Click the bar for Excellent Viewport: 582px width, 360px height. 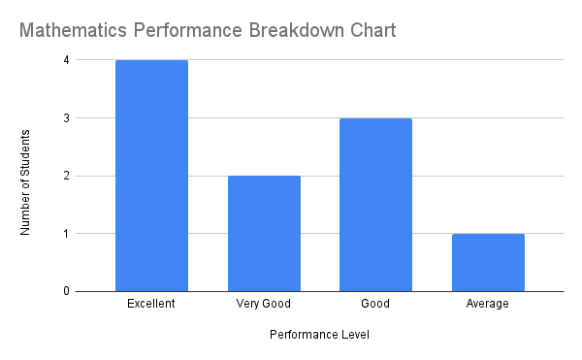[x=151, y=176]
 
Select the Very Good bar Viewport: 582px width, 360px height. [x=264, y=233]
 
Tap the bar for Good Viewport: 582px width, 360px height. [x=375, y=205]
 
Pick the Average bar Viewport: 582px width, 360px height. [x=488, y=262]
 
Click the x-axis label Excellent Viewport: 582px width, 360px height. [x=151, y=304]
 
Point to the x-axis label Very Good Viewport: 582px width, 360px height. [x=264, y=304]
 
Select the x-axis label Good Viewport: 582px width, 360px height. [x=375, y=304]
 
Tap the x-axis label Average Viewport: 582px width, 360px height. [x=488, y=304]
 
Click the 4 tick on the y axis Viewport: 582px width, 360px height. [x=66, y=60]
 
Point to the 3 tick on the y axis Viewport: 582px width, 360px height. [x=66, y=118]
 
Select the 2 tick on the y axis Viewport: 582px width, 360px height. [x=66, y=176]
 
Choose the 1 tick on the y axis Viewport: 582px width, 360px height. [x=66, y=234]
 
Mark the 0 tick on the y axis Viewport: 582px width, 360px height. [x=66, y=291]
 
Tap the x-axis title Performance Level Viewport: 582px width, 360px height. [x=319, y=335]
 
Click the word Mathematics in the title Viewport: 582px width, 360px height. [x=75, y=30]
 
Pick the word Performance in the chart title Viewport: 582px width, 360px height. [x=189, y=30]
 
